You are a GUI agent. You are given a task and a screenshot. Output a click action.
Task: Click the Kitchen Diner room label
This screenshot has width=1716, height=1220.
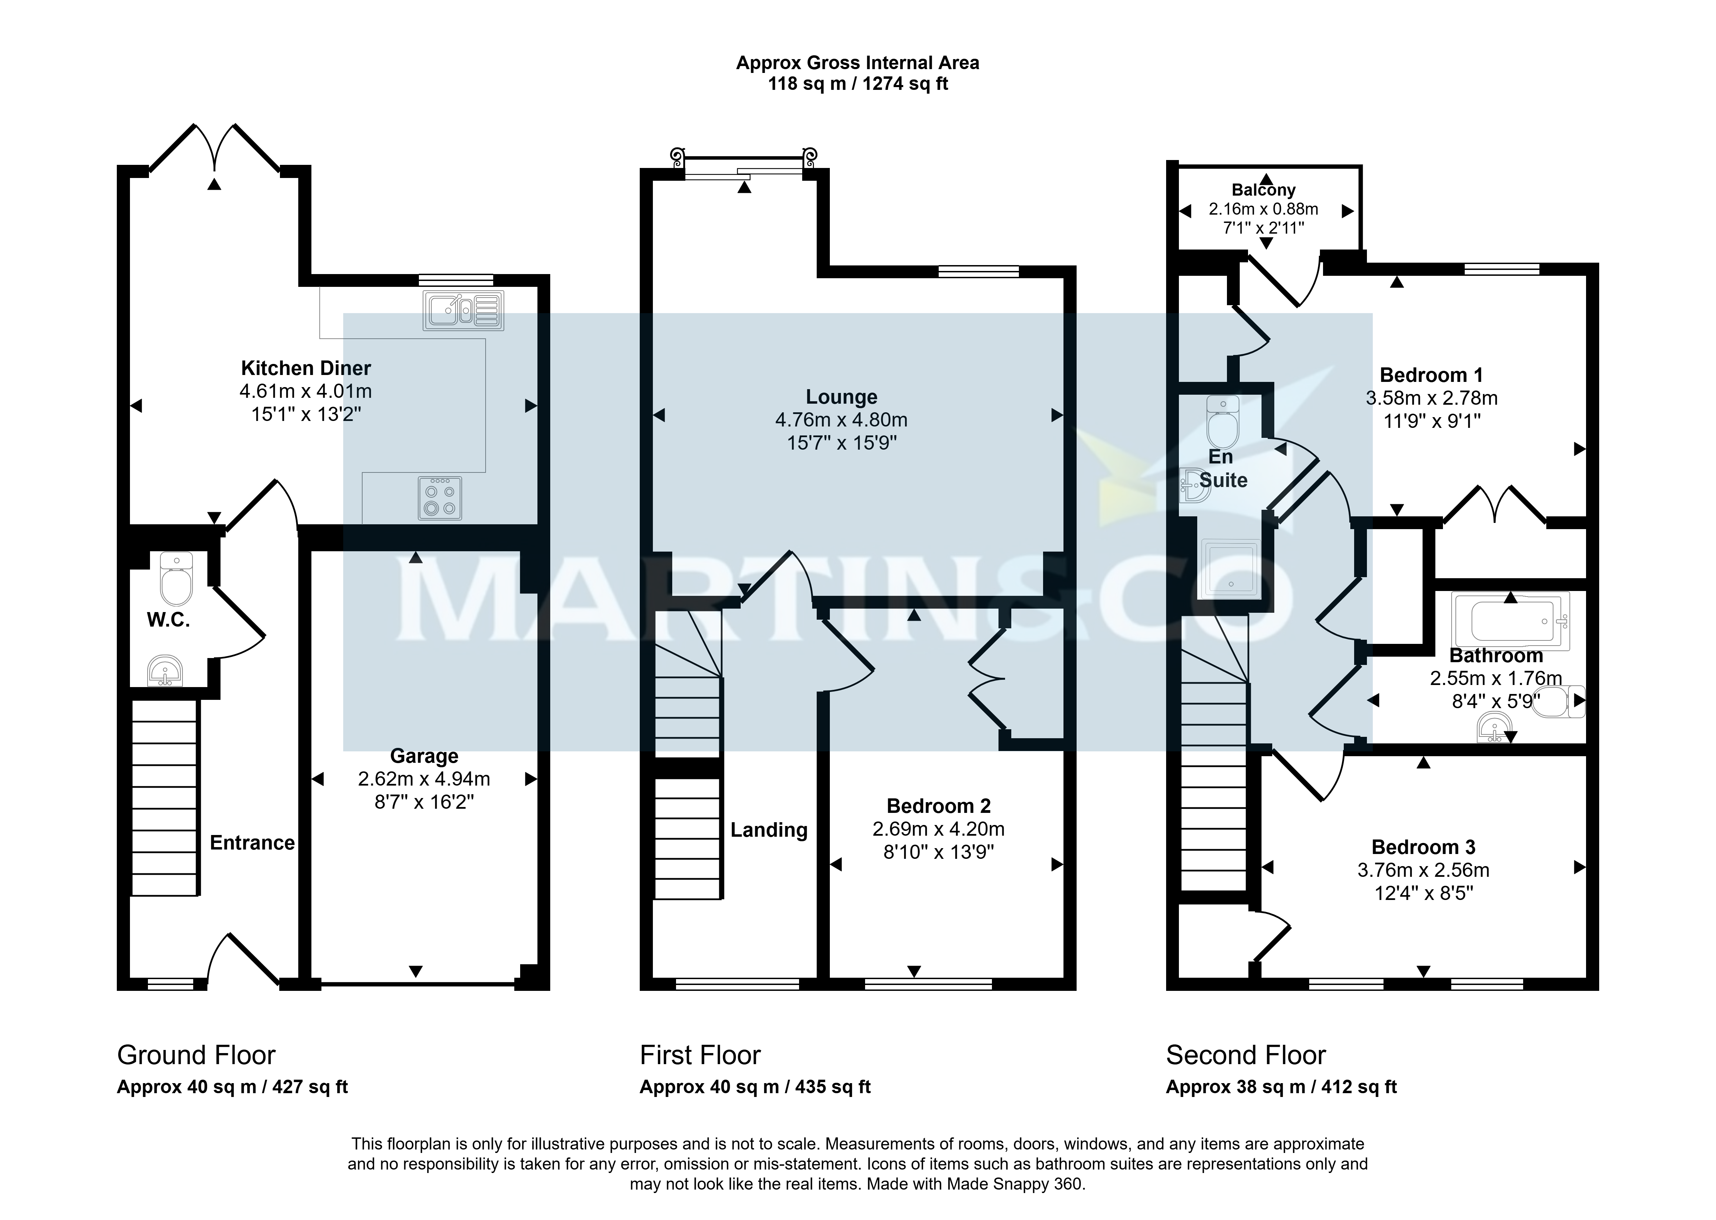click(x=306, y=368)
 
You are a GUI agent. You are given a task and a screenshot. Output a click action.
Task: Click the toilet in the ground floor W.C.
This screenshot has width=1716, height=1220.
click(x=177, y=579)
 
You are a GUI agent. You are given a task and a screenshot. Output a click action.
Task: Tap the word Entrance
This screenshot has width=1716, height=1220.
click(x=252, y=843)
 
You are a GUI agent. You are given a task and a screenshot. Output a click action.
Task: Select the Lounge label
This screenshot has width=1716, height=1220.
click(x=842, y=397)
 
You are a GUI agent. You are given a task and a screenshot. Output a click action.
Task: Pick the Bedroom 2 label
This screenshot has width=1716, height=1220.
click(x=938, y=806)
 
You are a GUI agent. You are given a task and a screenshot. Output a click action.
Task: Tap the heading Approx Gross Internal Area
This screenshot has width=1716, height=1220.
click(x=857, y=63)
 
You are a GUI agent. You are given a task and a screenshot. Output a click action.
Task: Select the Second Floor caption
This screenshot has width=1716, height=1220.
click(x=1246, y=1055)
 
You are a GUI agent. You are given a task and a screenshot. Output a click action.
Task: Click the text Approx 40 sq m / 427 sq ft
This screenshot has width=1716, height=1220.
click(x=232, y=1087)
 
